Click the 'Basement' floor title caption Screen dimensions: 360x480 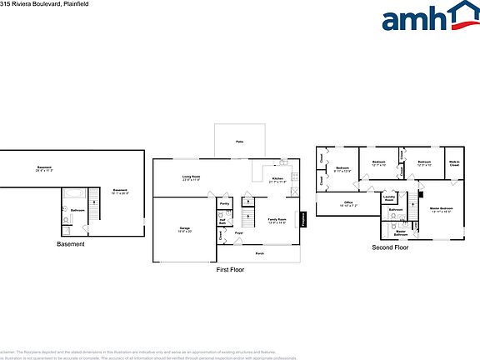click(x=70, y=244)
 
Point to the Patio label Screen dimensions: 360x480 click(x=239, y=142)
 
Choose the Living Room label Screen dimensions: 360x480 click(x=192, y=177)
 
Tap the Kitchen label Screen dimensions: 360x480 click(x=277, y=179)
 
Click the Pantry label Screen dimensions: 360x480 click(x=224, y=203)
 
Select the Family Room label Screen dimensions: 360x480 click(x=277, y=221)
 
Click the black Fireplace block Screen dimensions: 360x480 click(x=304, y=218)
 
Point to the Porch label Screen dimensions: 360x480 click(x=259, y=252)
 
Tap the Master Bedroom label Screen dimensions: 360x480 click(x=441, y=209)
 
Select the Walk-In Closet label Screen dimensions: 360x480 click(x=454, y=164)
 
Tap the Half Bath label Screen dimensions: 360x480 click(x=223, y=222)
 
